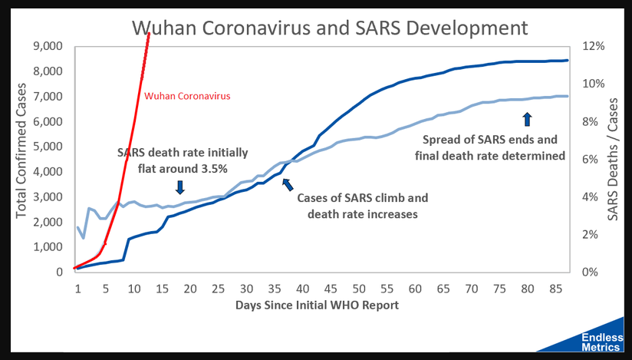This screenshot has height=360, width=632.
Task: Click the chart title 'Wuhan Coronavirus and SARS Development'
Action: coord(330,28)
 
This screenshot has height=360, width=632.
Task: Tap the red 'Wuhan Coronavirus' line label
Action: coord(188,97)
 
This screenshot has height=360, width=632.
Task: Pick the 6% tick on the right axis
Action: coord(594,159)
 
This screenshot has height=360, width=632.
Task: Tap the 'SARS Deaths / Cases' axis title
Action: coord(613,159)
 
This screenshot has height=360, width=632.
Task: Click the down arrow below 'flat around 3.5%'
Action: coord(179,187)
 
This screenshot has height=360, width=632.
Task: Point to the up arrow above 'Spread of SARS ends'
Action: coord(526,119)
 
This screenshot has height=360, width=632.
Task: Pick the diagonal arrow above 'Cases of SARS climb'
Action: coord(288,183)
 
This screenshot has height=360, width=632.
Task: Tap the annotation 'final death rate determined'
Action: coord(489,156)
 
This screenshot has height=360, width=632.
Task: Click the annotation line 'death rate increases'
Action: coord(362,214)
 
